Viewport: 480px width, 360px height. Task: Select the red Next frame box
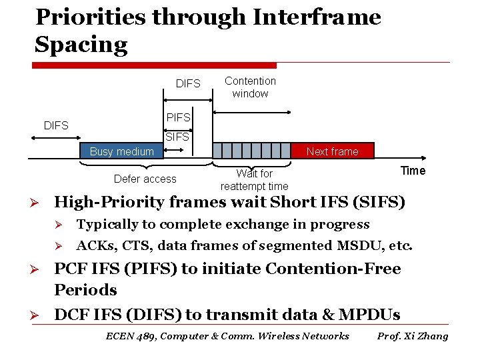tap(333, 151)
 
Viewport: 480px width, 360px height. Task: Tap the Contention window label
tap(250, 87)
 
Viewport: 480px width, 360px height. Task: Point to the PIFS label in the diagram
tap(178, 117)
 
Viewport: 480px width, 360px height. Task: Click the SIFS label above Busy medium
tap(177, 137)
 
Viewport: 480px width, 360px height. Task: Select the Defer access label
tap(145, 179)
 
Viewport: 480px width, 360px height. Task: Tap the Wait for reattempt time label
tap(254, 180)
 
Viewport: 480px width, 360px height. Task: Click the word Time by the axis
tap(413, 171)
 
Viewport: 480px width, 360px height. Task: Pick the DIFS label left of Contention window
tap(188, 83)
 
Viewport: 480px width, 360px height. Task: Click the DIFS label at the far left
tap(56, 125)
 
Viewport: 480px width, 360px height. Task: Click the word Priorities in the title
tap(91, 17)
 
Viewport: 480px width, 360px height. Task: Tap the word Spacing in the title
tap(81, 45)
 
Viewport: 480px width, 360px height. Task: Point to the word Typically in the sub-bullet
tap(107, 225)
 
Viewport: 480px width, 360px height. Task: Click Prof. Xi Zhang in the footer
tap(413, 336)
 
